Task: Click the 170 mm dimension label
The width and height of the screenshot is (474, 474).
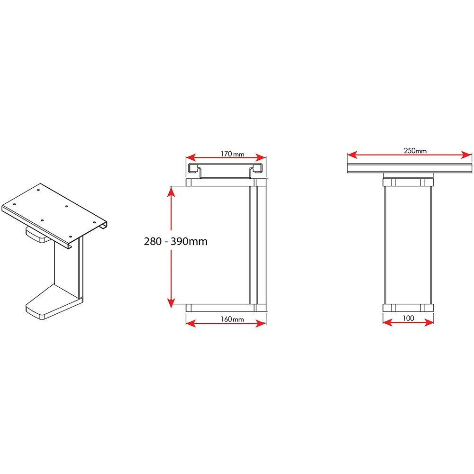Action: point(232,154)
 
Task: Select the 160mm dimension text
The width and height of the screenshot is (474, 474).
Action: point(232,319)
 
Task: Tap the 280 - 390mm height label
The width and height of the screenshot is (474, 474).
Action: point(176,241)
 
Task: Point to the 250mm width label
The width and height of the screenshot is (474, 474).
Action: point(415,151)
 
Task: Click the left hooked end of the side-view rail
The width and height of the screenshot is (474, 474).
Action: point(192,168)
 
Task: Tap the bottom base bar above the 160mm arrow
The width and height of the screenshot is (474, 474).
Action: point(223,307)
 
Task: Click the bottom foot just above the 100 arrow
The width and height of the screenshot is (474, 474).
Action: point(408,307)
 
